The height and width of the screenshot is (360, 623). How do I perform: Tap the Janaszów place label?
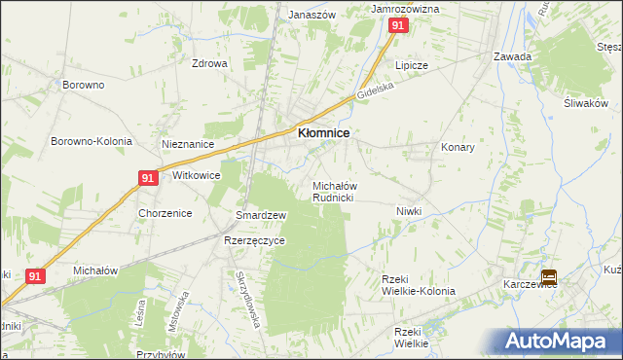pyautogui.click(x=311, y=16)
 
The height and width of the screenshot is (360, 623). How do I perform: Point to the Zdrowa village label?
pyautogui.click(x=209, y=64)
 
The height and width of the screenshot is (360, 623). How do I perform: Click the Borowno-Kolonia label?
pyautogui.click(x=92, y=141)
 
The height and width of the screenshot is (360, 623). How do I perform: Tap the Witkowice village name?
pyautogui.click(x=196, y=176)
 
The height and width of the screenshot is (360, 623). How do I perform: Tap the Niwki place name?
pyautogui.click(x=408, y=211)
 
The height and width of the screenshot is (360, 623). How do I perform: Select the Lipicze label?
pyautogui.click(x=411, y=65)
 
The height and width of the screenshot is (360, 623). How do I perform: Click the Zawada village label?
pyautogui.click(x=512, y=56)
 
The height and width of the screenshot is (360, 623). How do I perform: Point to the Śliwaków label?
pyautogui.click(x=585, y=104)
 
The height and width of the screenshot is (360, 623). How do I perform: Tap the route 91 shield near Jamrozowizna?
pyautogui.click(x=398, y=27)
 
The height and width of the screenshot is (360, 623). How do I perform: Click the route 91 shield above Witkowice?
pyautogui.click(x=147, y=178)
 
